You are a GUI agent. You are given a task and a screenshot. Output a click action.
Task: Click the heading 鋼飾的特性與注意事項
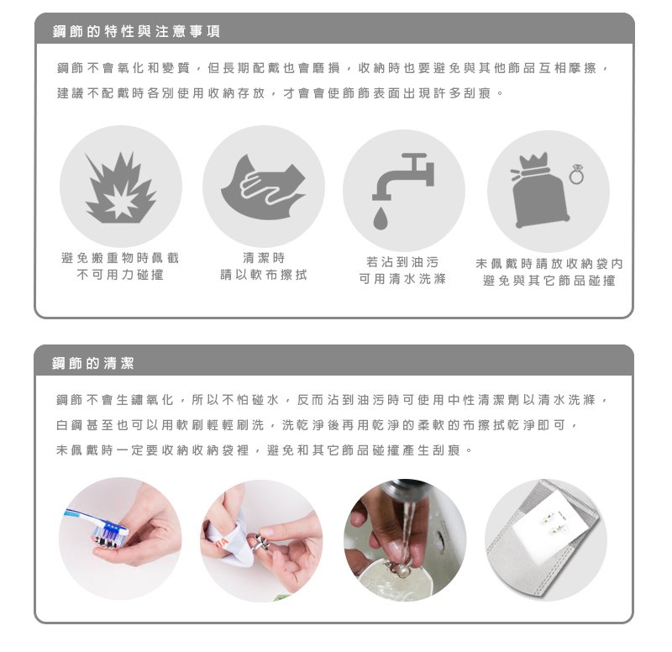tap(136, 31)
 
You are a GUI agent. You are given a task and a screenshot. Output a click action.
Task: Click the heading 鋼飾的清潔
tap(93, 363)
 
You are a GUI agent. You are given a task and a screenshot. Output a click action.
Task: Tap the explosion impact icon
tap(121, 187)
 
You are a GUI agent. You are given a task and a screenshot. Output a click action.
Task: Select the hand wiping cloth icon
tap(263, 187)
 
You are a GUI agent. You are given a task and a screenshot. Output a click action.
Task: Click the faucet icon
tap(403, 176)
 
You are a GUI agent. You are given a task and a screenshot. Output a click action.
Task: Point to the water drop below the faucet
tap(381, 218)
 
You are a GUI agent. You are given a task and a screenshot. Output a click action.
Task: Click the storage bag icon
tap(541, 191)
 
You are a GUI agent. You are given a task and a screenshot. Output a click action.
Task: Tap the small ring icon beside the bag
tap(576, 175)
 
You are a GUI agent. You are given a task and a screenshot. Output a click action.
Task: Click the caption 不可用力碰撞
tap(120, 275)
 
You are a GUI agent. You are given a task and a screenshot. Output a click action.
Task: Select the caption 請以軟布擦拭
tap(264, 275)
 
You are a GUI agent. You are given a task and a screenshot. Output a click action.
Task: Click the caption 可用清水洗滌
tap(402, 279)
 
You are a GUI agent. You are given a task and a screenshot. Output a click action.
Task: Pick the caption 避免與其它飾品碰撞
tap(549, 281)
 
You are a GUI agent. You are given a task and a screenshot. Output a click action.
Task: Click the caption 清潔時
tap(264, 258)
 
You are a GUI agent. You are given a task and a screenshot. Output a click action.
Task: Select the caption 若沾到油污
tap(402, 262)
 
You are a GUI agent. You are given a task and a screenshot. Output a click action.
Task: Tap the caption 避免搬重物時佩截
tap(120, 258)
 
